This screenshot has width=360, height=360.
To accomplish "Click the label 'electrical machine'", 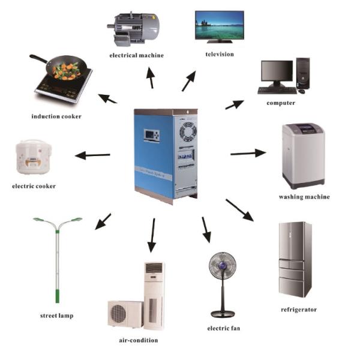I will [136, 55].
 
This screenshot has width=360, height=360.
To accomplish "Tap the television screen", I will [219, 26].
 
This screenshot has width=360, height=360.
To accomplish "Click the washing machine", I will [303, 156].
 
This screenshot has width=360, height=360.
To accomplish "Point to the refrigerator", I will [295, 259].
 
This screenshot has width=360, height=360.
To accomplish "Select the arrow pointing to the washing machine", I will [248, 154].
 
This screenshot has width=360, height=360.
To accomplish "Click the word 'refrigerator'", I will [298, 310].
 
